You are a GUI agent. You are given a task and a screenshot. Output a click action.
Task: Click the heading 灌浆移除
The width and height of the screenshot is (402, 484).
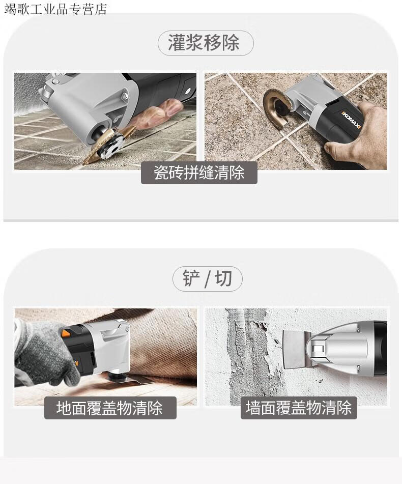pos(204,43)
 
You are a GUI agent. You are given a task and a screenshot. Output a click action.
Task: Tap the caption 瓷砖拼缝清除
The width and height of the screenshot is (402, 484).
pos(199,173)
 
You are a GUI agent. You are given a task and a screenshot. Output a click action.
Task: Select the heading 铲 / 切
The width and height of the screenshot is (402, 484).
pos(207,278)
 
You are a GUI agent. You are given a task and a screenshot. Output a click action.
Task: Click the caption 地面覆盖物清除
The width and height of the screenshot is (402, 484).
pos(109,408)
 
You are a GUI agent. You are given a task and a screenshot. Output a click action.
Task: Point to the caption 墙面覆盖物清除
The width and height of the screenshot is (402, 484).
pos(299,408)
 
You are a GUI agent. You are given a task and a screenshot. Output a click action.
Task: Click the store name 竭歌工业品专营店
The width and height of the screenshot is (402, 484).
pos(55,9)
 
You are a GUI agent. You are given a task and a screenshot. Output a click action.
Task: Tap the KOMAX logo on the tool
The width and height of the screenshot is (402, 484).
pos(351,119)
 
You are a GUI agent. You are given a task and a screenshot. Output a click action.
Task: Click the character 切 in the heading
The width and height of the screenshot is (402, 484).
pos(223,278)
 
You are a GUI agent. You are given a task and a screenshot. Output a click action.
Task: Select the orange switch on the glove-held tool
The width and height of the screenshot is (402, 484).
pos(67,333)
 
